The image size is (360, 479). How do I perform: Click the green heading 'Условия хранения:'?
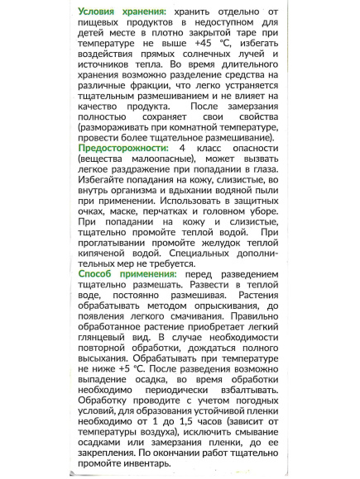pos(121,12)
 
